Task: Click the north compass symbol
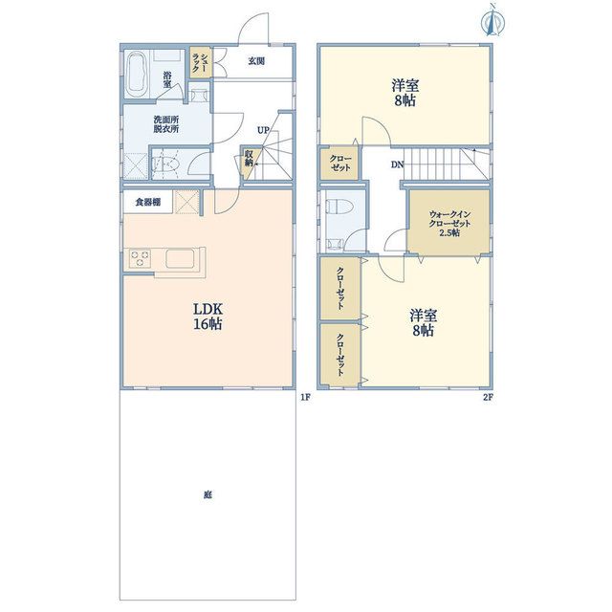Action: (493, 19)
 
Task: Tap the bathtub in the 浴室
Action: (137, 76)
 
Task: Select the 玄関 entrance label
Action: (256, 61)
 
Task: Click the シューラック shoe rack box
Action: (201, 61)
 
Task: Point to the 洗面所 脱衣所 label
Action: (165, 124)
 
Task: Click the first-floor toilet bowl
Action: (165, 164)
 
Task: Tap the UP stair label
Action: (263, 130)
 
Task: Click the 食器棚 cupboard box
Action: (148, 202)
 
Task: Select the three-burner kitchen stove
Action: (141, 259)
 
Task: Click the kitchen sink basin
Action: (180, 259)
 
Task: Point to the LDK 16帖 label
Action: (208, 317)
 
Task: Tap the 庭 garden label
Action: (208, 495)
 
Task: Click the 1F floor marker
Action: (305, 398)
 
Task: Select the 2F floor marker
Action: (489, 398)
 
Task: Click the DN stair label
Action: (398, 164)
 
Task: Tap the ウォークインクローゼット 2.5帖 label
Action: (449, 224)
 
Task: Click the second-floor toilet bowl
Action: (339, 206)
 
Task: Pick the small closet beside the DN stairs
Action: (339, 164)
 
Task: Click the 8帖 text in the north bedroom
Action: (405, 101)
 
